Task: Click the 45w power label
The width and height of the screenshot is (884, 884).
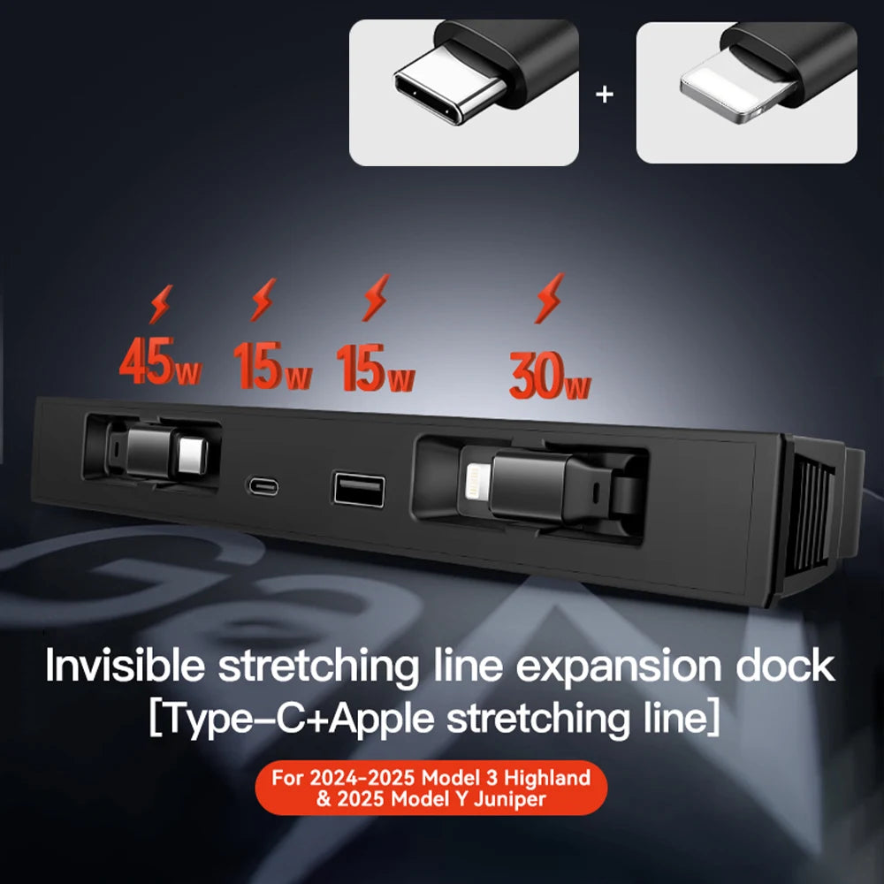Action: [x=160, y=361]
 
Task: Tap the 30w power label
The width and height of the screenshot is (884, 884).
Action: [x=550, y=376]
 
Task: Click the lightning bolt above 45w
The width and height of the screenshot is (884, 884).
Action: [x=161, y=304]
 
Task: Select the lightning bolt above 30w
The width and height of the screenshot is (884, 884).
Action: [x=549, y=298]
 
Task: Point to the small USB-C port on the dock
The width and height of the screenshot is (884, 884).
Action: [x=263, y=486]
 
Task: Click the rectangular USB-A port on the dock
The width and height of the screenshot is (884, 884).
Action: [x=359, y=490]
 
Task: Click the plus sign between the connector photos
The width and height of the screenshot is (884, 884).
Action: [x=605, y=95]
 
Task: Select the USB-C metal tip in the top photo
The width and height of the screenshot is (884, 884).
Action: [x=449, y=86]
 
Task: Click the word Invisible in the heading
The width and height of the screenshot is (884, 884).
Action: [x=125, y=666]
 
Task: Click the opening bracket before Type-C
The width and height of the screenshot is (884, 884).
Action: [x=156, y=718]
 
